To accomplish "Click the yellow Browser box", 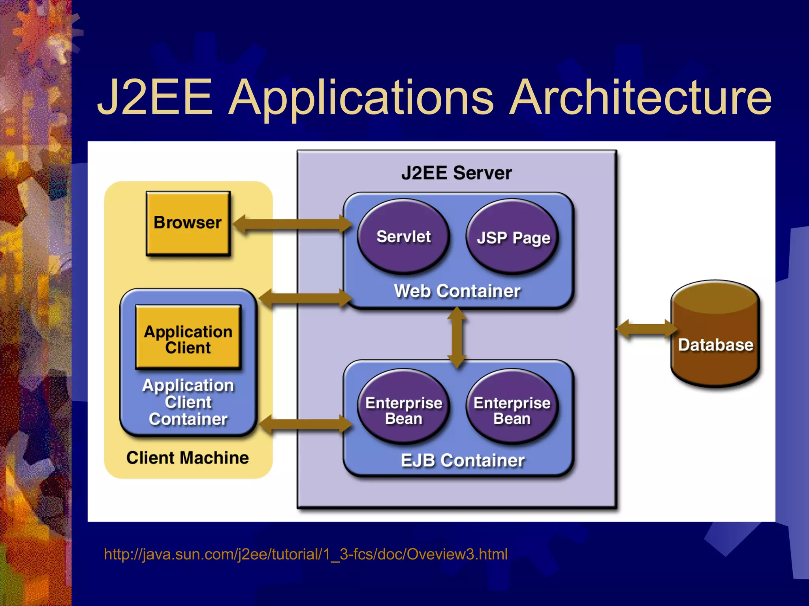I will click(188, 223).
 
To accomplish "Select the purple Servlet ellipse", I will click(403, 236).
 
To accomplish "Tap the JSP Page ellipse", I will click(513, 237).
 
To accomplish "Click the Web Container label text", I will click(457, 291).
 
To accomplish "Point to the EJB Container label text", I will click(462, 460).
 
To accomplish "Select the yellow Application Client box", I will click(188, 338).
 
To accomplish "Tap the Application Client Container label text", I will click(188, 402).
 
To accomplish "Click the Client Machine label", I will click(188, 458).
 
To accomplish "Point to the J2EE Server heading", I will click(456, 173).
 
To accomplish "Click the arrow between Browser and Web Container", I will click(292, 224).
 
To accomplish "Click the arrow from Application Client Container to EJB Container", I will click(304, 425).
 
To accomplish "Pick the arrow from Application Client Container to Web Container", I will click(304, 298).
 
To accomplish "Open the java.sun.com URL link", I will click(306, 554).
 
